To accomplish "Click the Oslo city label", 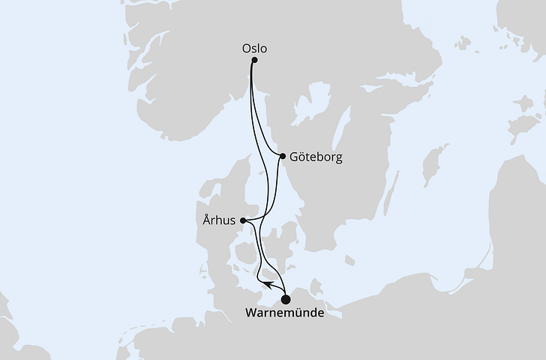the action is [x=254, y=49].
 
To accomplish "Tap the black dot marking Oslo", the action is [x=254, y=61].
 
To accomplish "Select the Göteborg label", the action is [x=316, y=158].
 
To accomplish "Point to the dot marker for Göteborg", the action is [x=282, y=157].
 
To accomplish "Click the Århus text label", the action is [x=219, y=220].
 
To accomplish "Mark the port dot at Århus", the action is [x=243, y=220].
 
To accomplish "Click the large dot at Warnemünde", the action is [x=286, y=300].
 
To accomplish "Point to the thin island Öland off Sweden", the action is [x=394, y=190].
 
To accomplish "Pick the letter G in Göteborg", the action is [x=294, y=158].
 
